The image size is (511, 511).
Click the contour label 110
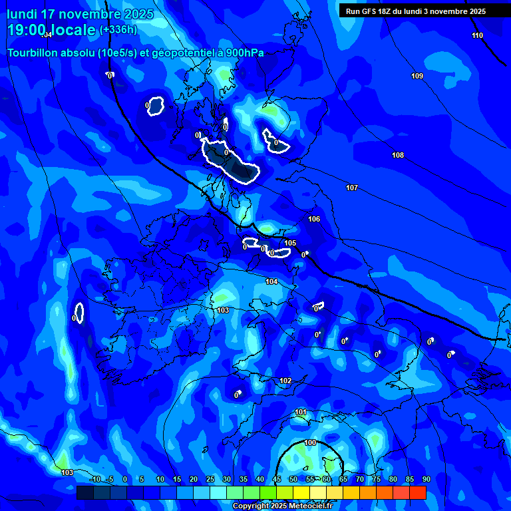tap(477, 35)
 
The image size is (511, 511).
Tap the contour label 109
tap(417, 76)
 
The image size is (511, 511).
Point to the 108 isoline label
tap(398, 155)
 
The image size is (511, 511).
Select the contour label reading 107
tap(352, 188)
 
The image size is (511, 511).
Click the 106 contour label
tap(314, 219)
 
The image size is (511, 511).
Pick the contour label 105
tap(290, 243)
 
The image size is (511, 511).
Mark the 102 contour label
tap(285, 381)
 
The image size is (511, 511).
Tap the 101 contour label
tap(301, 413)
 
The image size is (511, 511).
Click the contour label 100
tap(310, 442)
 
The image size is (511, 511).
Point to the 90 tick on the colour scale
tap(426, 479)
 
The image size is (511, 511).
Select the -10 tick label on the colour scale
tap(94, 479)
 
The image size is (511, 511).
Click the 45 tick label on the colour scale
tap(277, 479)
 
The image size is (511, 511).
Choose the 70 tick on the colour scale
tap(360, 479)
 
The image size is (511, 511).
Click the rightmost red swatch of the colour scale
tap(418, 492)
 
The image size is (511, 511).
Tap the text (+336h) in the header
tap(118, 29)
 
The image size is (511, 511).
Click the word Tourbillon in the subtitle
tap(33, 53)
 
